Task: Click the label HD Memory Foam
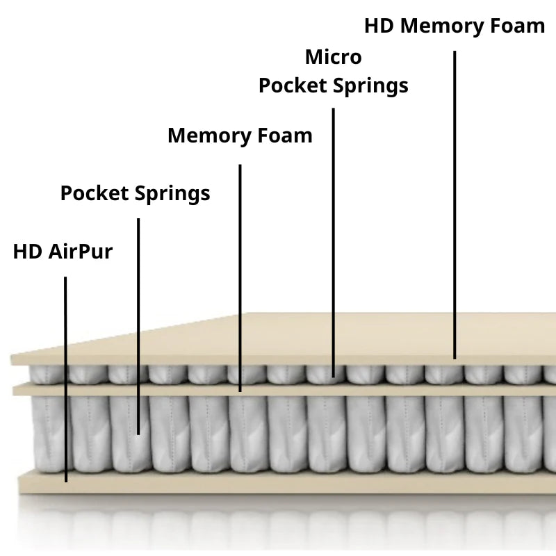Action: (x=455, y=26)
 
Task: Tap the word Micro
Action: (x=334, y=56)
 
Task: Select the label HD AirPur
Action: (x=63, y=252)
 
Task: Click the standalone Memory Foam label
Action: (x=240, y=135)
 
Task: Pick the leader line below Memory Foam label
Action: (x=240, y=278)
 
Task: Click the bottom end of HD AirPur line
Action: (x=66, y=480)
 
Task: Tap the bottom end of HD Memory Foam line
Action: (x=455, y=357)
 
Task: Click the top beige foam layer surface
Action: (x=347, y=337)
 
